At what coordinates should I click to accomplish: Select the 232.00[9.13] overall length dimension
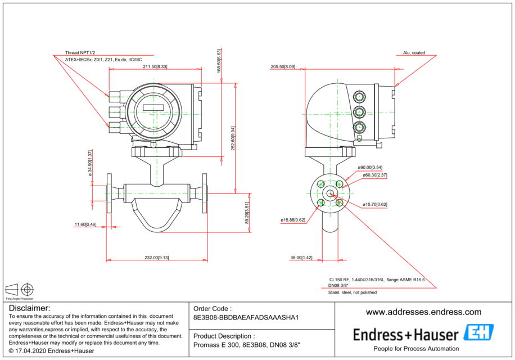coord(157,257)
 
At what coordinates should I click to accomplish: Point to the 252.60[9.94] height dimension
coord(233,138)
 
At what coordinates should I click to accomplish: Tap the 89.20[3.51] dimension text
coord(246,214)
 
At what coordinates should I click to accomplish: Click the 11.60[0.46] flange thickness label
coord(85,224)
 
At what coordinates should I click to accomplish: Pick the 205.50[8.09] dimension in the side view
coord(283,66)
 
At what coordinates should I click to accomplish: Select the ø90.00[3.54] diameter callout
coord(370,168)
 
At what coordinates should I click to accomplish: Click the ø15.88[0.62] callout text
coord(292,220)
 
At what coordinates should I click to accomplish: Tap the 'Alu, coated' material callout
coord(414,53)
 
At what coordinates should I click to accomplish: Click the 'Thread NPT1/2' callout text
coord(79,52)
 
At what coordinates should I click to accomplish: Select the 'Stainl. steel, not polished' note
coord(353,292)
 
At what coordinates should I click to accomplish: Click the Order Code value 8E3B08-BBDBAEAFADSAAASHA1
coord(245,318)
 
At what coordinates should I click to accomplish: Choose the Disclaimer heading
coord(30,308)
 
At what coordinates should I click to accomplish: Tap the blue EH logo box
coord(478,333)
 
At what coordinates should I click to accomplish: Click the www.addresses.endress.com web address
coord(423,312)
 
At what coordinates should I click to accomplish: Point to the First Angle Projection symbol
coord(20,290)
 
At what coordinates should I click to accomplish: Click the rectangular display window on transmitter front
coord(153,108)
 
